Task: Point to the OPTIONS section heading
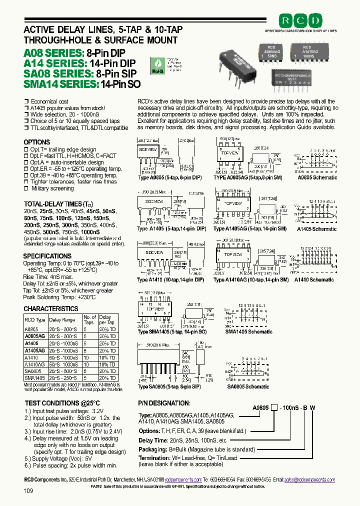[x=37, y=142]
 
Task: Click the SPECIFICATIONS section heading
[x=47, y=256]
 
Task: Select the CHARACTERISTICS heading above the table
[x=51, y=308]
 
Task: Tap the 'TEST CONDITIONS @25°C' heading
[x=62, y=403]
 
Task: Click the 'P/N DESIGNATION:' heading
[x=164, y=403]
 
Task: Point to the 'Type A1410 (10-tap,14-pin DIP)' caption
[x=171, y=280]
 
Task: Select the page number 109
[x=28, y=491]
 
